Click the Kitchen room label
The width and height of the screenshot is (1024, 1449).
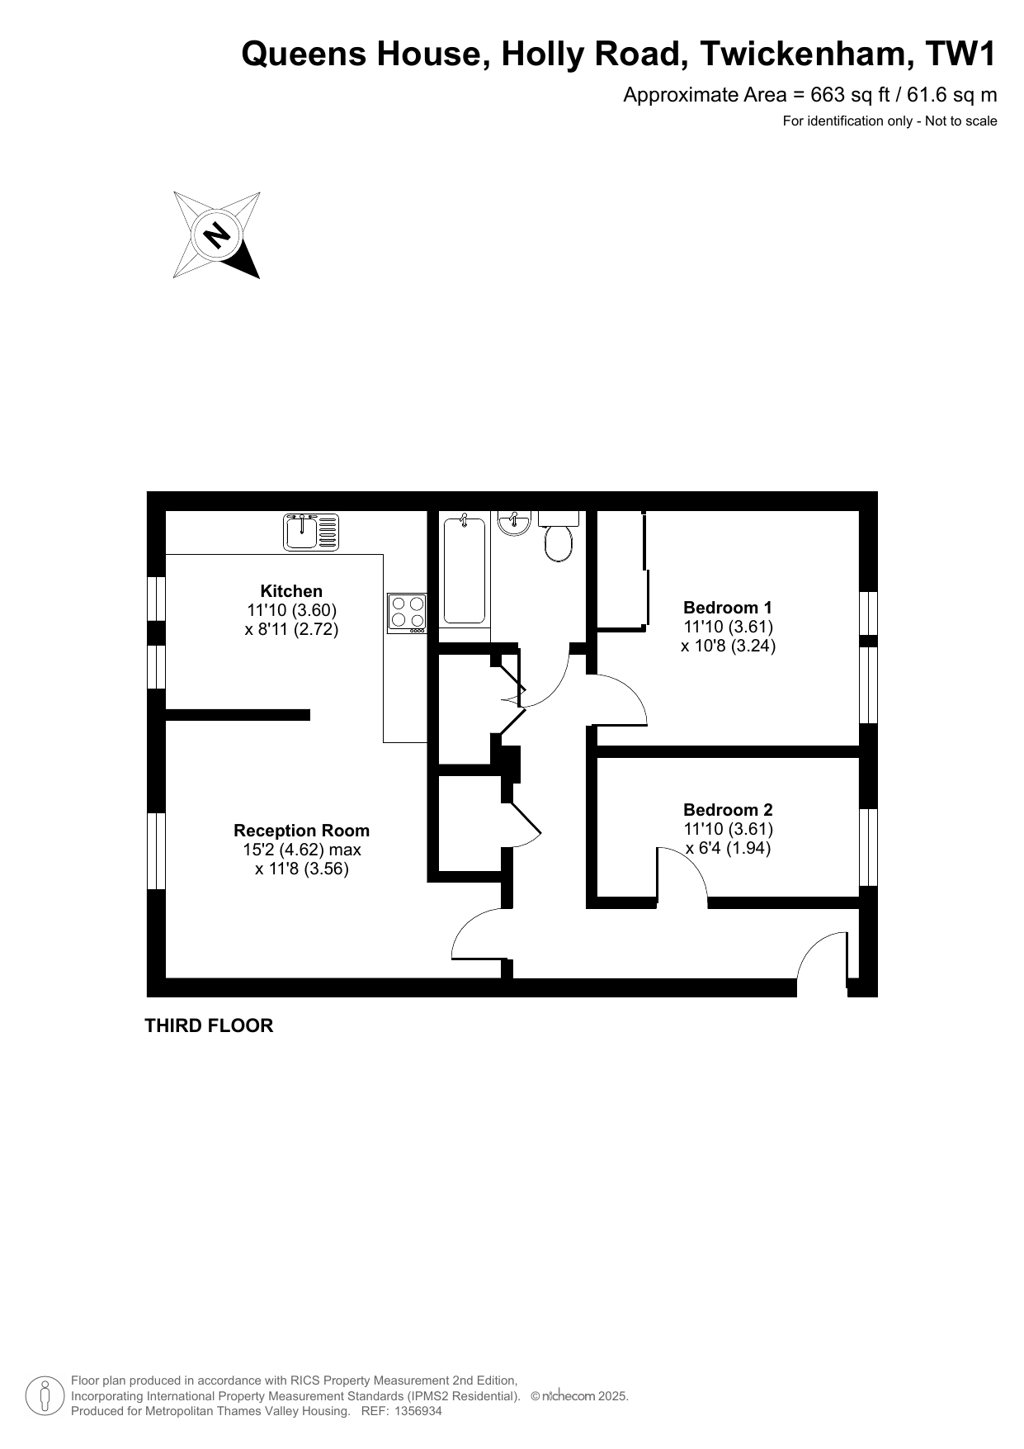291,591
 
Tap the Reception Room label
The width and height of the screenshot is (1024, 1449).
302,831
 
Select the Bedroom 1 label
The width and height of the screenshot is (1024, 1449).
729,608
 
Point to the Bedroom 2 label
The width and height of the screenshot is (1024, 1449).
729,810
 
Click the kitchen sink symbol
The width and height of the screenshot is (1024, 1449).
311,532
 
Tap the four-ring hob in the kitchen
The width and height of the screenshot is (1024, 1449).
407,613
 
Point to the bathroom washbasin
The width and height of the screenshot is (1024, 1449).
515,523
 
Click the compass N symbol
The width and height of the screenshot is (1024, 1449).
217,235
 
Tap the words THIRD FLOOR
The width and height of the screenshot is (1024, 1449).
209,1025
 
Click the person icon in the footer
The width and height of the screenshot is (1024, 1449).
45,1395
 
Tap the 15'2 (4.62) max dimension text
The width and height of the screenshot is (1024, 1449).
302,850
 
